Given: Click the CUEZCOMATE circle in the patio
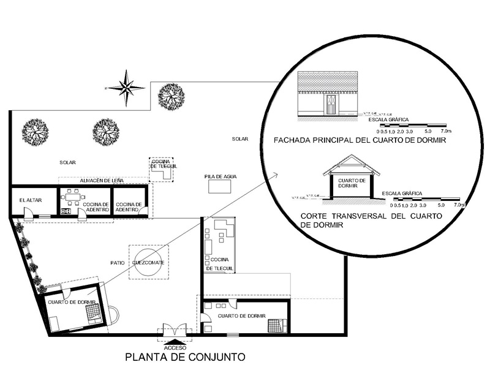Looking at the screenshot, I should point(148,262).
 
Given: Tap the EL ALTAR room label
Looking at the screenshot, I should point(30,200).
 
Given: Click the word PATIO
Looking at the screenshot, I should point(118,262).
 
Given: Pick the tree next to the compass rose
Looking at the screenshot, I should point(170,96).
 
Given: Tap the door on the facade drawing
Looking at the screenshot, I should point(330,105).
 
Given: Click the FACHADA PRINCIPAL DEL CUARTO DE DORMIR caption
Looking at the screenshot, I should point(360,141).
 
